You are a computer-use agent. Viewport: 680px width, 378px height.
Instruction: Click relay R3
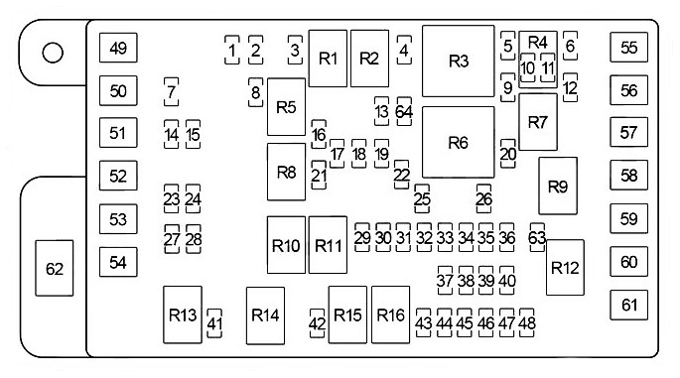pos(458,62)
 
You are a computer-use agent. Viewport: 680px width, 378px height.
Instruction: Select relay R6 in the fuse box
pos(458,142)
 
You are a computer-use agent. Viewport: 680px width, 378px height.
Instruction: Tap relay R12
pos(564,267)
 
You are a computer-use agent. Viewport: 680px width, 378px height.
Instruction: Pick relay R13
pos(183,315)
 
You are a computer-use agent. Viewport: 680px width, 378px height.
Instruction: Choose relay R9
pos(557,186)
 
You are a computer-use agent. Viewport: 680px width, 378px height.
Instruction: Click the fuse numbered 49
pos(119,49)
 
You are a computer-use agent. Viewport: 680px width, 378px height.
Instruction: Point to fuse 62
pos(55,268)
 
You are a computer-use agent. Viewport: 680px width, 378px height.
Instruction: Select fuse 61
pos(628,305)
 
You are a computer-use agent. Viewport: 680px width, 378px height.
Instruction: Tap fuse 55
pos(628,47)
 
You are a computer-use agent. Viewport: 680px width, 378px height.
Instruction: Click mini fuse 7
pos(172,92)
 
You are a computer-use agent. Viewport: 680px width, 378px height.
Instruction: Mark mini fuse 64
pos(404,111)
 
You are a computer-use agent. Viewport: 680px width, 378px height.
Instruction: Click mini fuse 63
pos(537,238)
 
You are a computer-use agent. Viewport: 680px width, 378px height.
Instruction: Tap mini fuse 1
pos(231,50)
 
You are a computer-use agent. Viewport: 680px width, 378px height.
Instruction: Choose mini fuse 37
pos(445,281)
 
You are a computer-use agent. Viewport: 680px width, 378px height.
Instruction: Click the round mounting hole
pos(54,53)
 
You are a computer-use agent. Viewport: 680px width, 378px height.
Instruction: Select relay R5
pos(286,107)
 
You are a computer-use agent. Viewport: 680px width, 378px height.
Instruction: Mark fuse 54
pos(119,262)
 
